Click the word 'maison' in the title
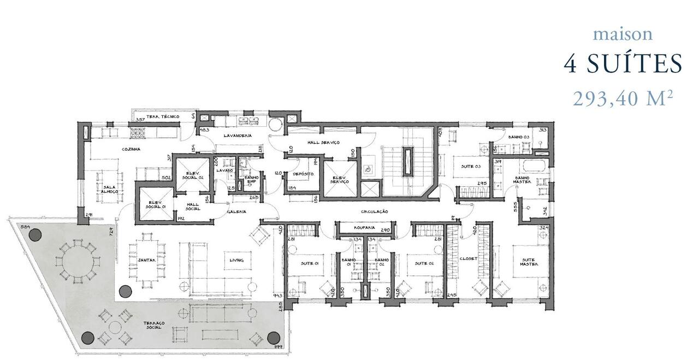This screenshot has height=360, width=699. pyautogui.click(x=623, y=34)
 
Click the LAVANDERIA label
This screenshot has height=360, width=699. pyautogui.click(x=237, y=135)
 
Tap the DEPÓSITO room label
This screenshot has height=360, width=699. pyautogui.click(x=302, y=174)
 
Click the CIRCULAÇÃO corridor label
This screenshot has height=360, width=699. pyautogui.click(x=374, y=211)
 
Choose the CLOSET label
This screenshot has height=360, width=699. pyautogui.click(x=468, y=259)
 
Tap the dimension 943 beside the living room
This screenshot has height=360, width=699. pyautogui.click(x=277, y=295)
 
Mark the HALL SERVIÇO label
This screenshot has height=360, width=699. pyautogui.click(x=323, y=142)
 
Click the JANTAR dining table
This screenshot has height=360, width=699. pyautogui.click(x=146, y=261)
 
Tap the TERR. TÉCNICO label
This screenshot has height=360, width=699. pyautogui.click(x=158, y=117)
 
